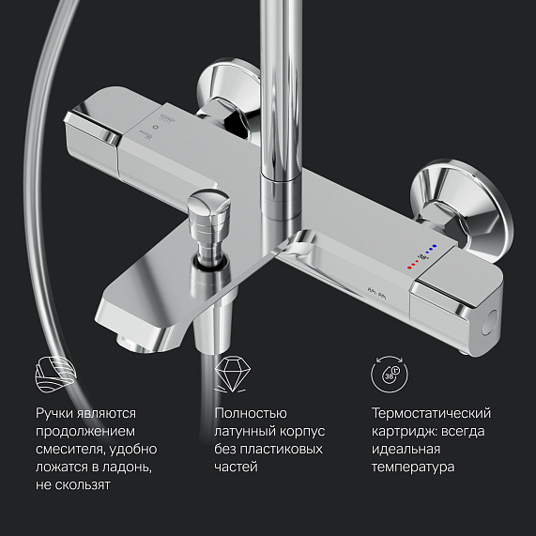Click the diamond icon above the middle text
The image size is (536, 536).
click(232, 374)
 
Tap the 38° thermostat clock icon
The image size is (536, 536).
click(390, 374)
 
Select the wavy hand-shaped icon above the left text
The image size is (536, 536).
click(56, 374)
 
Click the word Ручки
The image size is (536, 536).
click(54, 413)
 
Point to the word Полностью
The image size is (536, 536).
click(251, 413)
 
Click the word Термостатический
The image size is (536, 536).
click(431, 413)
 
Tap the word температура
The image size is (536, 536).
click(413, 467)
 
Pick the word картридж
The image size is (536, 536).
click(404, 432)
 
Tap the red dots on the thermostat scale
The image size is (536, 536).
click(413, 264)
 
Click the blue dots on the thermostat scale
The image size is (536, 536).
click(430, 249)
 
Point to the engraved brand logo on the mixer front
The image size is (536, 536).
click(376, 293)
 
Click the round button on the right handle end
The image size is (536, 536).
click(491, 322)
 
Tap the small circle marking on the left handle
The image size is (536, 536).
click(156, 128)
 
